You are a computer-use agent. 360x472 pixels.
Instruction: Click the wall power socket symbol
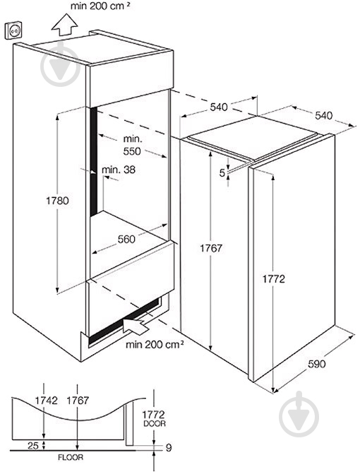point(13,30)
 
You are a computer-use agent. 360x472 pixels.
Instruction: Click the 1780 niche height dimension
point(57,201)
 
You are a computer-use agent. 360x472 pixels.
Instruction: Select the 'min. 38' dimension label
point(119,170)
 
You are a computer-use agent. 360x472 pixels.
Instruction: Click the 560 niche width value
point(126,240)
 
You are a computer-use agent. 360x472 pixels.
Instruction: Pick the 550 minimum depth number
point(132,151)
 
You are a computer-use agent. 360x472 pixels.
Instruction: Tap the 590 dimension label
point(317,364)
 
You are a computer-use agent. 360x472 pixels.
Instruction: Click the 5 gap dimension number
point(222,173)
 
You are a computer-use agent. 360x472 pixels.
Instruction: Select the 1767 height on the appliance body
point(211,248)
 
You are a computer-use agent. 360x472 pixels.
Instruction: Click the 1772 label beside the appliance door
point(274,279)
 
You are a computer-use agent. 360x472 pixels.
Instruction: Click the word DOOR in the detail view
point(155,423)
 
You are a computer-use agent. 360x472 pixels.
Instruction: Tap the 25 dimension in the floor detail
point(32,446)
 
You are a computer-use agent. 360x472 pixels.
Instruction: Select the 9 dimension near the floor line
point(169,447)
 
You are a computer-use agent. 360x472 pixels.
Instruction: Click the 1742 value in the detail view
point(47,401)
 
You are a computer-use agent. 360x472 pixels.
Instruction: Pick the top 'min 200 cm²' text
point(101,6)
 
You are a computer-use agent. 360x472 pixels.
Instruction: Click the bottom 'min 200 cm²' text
point(155,344)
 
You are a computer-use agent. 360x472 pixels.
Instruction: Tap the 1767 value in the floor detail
point(78,401)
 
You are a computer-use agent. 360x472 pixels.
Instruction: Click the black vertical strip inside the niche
point(94,161)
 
